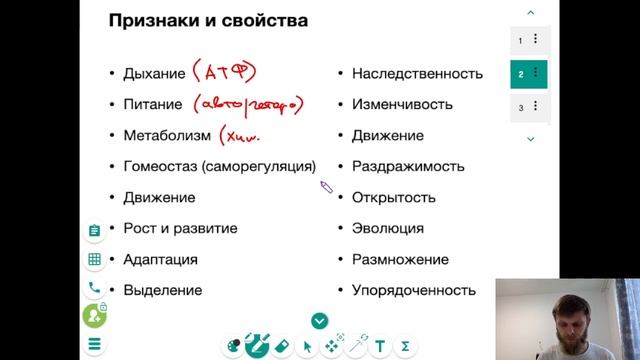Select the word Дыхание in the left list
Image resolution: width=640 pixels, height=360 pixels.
tap(154, 73)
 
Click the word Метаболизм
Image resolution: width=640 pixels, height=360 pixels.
tap(167, 135)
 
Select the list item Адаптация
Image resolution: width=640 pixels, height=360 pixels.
tap(160, 259)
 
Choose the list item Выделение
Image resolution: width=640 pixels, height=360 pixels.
tap(162, 290)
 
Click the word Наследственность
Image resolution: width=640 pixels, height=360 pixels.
tap(417, 73)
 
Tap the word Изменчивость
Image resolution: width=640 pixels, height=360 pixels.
tap(402, 104)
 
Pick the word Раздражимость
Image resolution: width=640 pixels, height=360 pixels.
tap(408, 166)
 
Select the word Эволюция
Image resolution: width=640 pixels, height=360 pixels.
tap(387, 228)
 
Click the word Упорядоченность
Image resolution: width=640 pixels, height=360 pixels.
tap(413, 290)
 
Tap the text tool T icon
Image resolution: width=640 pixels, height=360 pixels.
tap(380, 346)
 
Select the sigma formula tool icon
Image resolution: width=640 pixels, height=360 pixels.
tap(405, 346)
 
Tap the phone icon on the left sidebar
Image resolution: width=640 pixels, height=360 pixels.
tap(94, 287)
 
